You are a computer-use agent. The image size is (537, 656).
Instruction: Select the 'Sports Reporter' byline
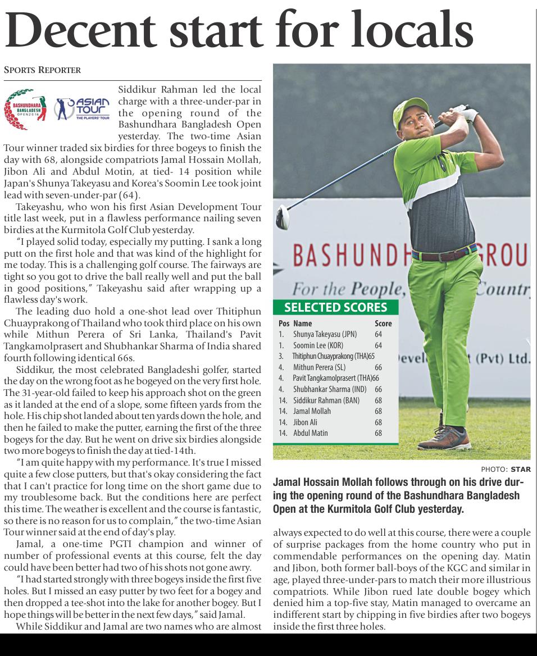42,70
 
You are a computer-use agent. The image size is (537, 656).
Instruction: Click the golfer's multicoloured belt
444,253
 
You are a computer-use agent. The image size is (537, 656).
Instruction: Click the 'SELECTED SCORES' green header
335,307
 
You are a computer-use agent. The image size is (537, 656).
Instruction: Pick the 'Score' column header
383,324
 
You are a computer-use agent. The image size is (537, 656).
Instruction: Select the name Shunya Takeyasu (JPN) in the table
325,334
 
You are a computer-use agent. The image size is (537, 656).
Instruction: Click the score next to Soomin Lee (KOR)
378,345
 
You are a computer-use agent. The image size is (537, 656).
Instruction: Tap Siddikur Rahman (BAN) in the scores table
326,400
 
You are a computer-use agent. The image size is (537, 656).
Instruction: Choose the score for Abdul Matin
378,433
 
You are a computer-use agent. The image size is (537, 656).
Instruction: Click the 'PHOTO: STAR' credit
506,469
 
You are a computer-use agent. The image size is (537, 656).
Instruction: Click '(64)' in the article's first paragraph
129,195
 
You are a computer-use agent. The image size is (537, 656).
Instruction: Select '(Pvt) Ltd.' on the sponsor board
503,358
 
